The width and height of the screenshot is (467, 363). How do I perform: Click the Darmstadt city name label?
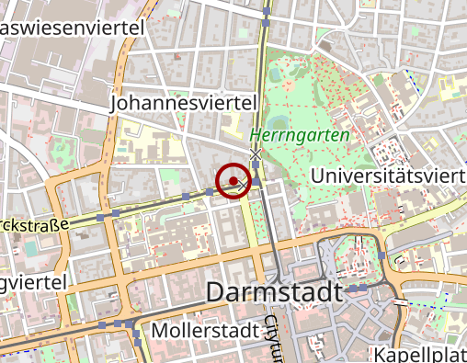tap(275, 293)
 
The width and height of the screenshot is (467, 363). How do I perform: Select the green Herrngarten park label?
tap(313, 134)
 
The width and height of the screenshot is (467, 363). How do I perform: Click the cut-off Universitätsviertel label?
tap(387, 175)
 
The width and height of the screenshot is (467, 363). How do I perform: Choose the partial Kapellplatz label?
tap(421, 355)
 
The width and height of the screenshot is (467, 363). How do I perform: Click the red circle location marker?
tap(234, 179)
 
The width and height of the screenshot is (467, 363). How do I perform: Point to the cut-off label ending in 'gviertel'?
tap(32, 283)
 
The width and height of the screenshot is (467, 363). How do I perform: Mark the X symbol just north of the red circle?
tap(256, 154)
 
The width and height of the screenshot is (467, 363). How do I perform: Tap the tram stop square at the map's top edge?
tap(266, 10)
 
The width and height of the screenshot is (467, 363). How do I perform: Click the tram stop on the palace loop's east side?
tap(381, 255)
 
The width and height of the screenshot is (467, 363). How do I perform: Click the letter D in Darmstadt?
tap(217, 293)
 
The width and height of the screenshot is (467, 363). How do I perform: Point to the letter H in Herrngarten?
tap(280, 134)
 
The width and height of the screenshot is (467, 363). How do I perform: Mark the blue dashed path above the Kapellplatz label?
tap(427, 303)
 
